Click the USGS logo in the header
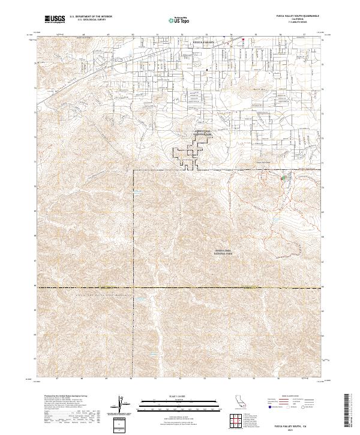pyautogui.click(x=55, y=20)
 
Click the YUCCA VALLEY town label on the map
pyautogui.click(x=202, y=43)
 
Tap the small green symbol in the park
pyautogui.click(x=284, y=178)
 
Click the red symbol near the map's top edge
pyautogui.click(x=244, y=40)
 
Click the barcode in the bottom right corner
pyautogui.click(x=350, y=410)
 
